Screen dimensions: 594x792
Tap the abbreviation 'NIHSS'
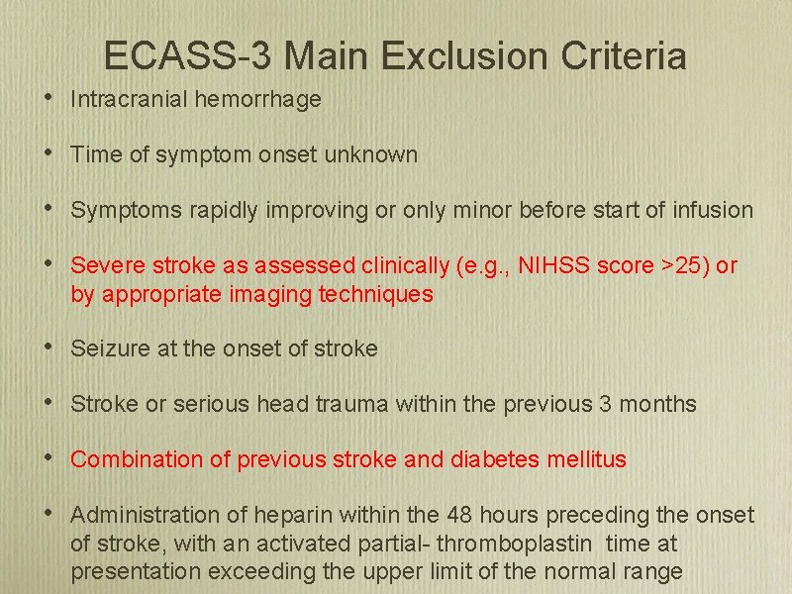(x=571, y=265)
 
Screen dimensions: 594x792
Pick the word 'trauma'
(x=356, y=404)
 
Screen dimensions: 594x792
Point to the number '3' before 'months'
(x=605, y=404)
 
